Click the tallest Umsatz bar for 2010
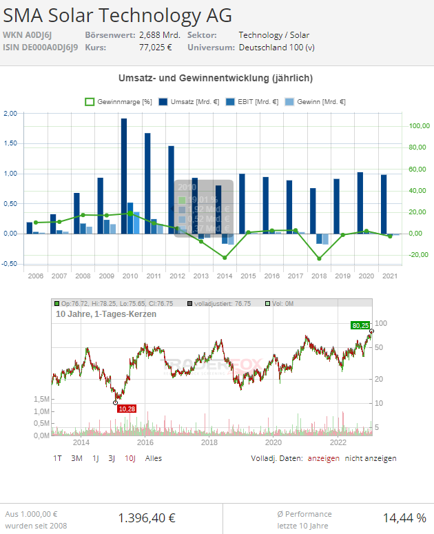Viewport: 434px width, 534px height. coord(124,176)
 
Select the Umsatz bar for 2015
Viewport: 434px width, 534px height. coord(242,203)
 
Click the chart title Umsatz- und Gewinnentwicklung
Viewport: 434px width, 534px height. coord(216,78)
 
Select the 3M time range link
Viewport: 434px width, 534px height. coord(76,458)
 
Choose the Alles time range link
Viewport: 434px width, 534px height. coord(154,458)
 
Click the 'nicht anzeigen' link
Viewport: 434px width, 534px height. coord(371,458)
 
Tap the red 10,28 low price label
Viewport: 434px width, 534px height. coord(127,409)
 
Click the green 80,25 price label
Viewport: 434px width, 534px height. coord(360,325)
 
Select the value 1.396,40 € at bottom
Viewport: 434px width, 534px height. coord(147,518)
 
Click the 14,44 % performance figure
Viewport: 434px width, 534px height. coord(404,518)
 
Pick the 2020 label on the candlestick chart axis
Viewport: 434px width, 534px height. coord(274,442)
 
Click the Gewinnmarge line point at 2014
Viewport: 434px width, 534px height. coord(225,258)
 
